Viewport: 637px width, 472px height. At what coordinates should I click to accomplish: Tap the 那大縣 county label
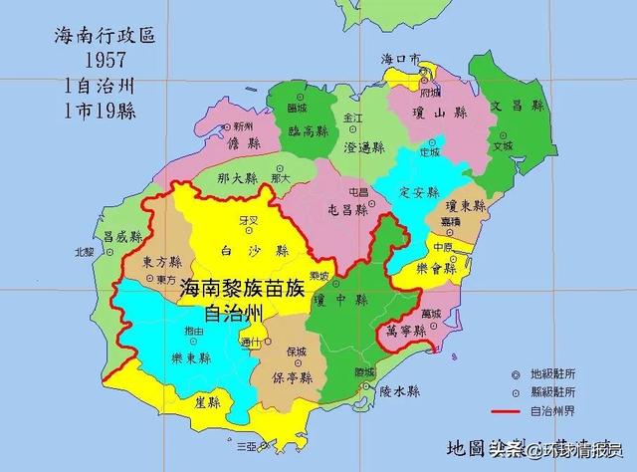(x=239, y=179)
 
